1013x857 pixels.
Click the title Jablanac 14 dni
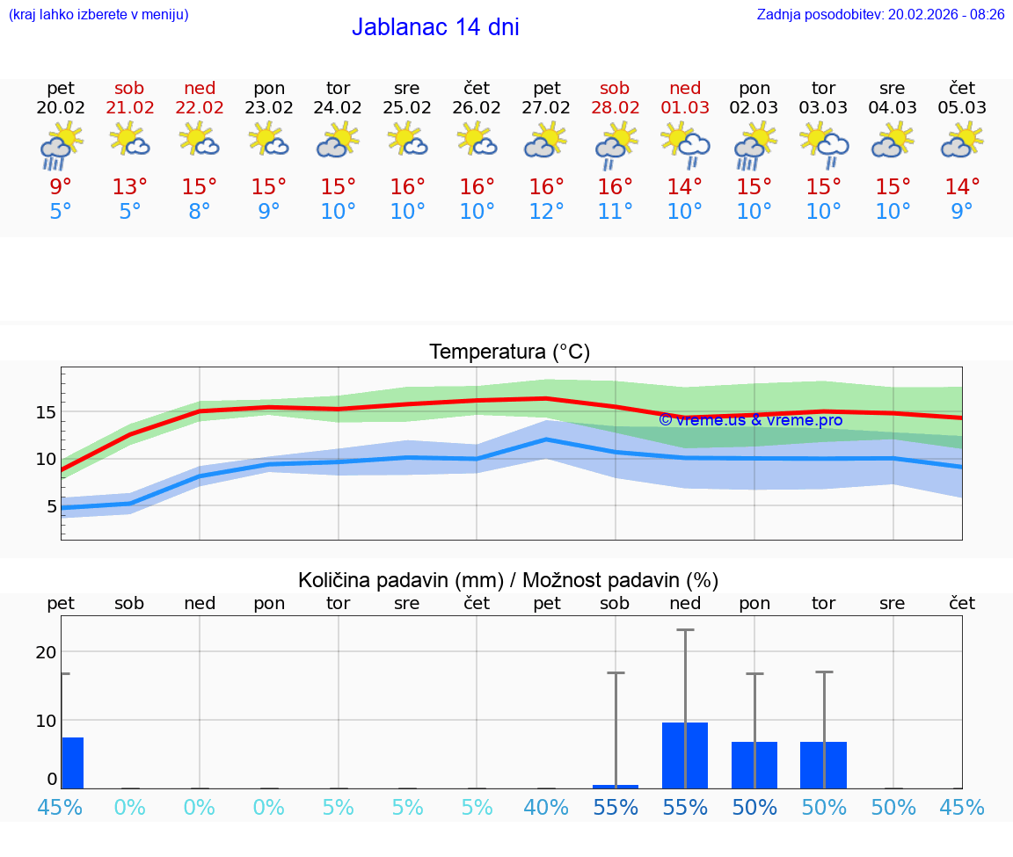(435, 27)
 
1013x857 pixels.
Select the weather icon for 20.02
(61, 144)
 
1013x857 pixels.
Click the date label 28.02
(615, 107)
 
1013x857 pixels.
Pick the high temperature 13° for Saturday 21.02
(130, 187)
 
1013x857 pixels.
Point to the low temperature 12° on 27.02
(546, 211)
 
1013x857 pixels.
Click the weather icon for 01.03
(685, 144)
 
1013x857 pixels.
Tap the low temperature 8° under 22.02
(200, 211)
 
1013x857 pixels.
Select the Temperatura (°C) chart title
(509, 352)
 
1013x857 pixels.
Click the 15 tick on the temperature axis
(46, 411)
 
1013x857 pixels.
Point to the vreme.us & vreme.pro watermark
(750, 420)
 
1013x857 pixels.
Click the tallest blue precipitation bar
(685, 755)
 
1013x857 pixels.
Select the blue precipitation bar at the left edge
(72, 762)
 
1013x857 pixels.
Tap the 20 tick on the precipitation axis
(46, 651)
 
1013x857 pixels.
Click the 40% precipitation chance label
(546, 807)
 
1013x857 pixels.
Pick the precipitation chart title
(508, 580)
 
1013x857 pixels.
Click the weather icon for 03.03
(824, 144)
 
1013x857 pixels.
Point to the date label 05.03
(962, 107)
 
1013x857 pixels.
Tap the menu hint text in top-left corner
(98, 14)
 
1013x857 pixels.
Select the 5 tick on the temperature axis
(51, 505)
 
